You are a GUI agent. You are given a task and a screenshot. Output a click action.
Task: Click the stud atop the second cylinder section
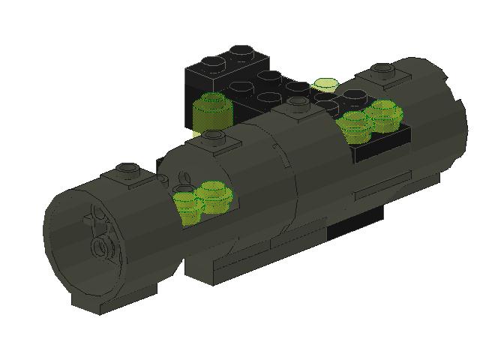tap(212, 136)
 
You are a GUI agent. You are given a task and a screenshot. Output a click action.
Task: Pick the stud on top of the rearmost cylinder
tap(382, 71)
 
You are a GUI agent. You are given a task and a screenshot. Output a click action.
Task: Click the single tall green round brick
tap(210, 112)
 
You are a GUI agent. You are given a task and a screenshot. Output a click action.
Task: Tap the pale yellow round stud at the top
tap(325, 84)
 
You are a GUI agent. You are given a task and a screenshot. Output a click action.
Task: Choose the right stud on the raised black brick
tap(241, 52)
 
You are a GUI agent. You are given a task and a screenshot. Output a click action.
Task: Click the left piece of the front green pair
tap(185, 204)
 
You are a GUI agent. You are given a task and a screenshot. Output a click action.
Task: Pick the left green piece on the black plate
tap(354, 124)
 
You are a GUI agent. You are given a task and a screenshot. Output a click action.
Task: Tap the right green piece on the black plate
tap(383, 113)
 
